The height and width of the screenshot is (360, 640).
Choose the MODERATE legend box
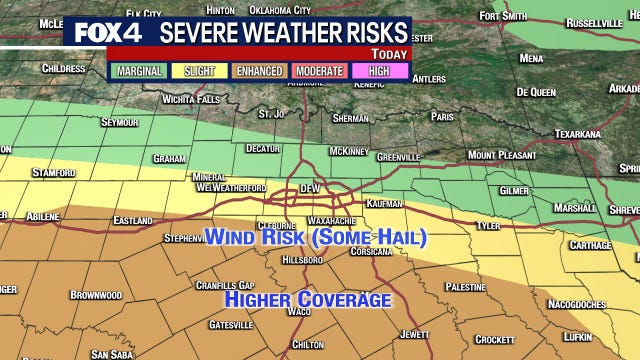[x=318, y=71]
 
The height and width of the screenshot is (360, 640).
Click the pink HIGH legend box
[x=378, y=71]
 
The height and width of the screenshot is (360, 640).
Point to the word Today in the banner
[x=390, y=53]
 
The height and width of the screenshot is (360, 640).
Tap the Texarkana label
[x=577, y=133]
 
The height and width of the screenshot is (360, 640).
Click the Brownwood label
[x=96, y=295]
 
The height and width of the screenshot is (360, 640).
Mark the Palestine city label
[x=466, y=286]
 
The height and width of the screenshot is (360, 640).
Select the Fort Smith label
[x=502, y=16]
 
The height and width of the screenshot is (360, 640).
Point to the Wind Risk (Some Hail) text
[x=315, y=237]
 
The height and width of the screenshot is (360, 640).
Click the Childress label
[x=63, y=68]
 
